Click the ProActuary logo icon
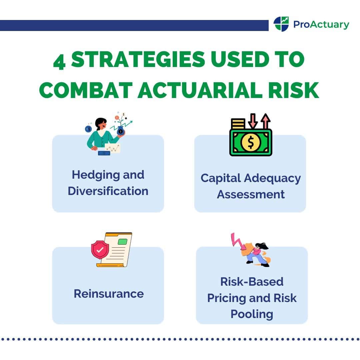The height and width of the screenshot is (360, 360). [281, 24]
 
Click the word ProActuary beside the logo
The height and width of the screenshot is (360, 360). [321, 24]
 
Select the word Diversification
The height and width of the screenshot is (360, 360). [108, 191]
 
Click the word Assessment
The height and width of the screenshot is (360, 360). [251, 194]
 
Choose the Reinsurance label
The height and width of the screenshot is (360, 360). [109, 294]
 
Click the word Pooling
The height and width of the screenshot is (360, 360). [252, 314]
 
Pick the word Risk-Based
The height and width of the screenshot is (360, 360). [252, 282]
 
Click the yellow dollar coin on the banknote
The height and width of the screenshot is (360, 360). [251, 142]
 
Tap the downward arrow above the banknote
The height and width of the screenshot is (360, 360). [253, 121]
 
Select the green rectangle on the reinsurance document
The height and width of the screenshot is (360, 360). [123, 242]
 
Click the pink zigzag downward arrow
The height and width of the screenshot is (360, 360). [237, 242]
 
